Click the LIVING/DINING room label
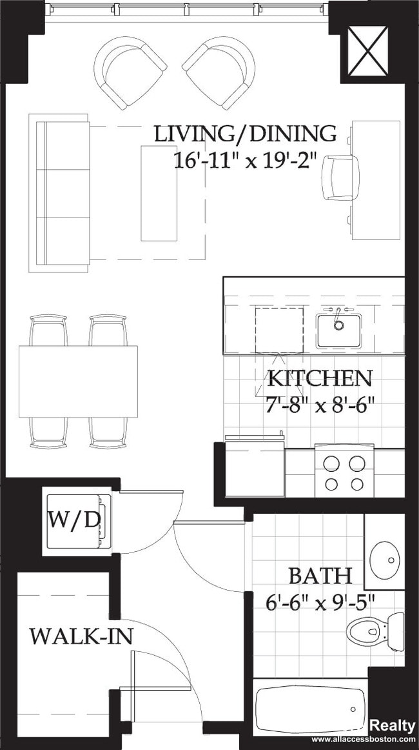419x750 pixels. pos(245,134)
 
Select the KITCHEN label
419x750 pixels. pos(320,378)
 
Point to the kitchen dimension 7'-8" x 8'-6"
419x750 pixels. pos(320,405)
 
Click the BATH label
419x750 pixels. pos(320,575)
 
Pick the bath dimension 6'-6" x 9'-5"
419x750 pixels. pos(320,602)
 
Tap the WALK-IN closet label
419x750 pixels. pos(81,636)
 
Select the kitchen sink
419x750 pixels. pos(338,329)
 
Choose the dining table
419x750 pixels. pos(78,381)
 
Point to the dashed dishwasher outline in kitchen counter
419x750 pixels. pos(279,330)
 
